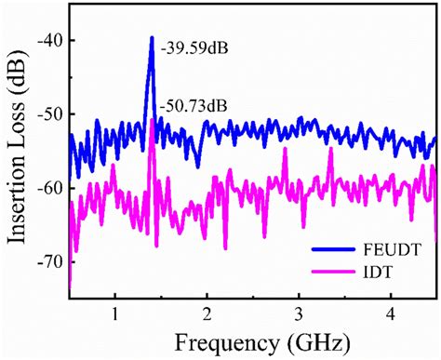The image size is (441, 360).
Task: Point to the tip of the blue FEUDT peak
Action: click(x=151, y=38)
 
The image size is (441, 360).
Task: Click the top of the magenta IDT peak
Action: click(x=153, y=95)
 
